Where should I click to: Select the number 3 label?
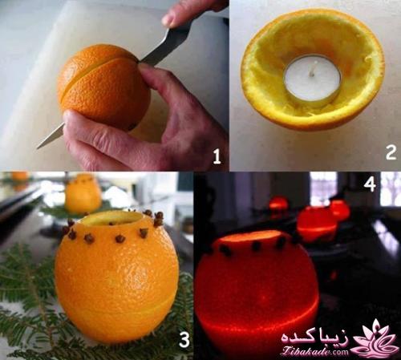tap(184, 341)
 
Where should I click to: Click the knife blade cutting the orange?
tap(164, 47)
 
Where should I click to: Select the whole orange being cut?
tap(103, 86)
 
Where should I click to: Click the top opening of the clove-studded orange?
tap(112, 217)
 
